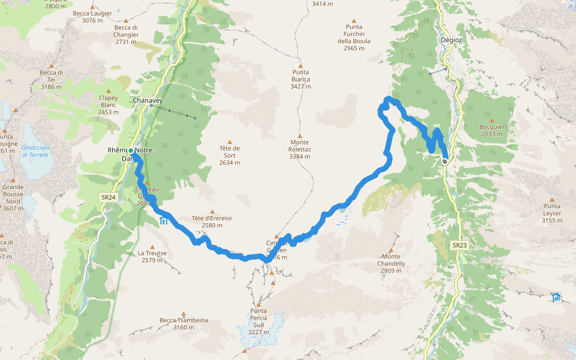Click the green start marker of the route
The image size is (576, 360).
tap(130, 150)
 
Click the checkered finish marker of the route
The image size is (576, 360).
tap(445, 161)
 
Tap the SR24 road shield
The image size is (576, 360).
tap(108, 197)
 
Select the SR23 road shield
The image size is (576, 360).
tap(459, 245)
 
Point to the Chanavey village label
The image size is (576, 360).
tap(148, 101)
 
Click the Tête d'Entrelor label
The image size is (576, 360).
tap(212, 222)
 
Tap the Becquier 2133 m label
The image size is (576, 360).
tap(491, 130)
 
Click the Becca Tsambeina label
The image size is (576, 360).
tap(184, 324)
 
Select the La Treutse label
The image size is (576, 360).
tap(152, 257)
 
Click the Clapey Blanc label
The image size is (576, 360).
tap(109, 104)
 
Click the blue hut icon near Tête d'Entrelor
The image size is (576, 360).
tap(163, 221)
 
